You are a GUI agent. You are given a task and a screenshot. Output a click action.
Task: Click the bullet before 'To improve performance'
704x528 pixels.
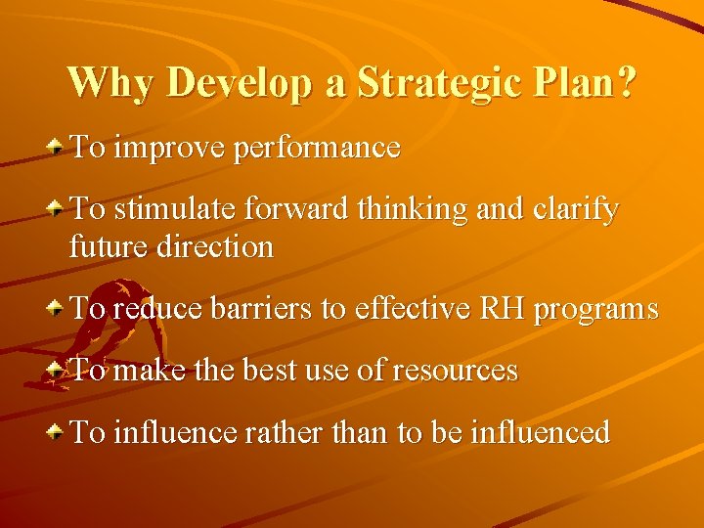[x=58, y=148]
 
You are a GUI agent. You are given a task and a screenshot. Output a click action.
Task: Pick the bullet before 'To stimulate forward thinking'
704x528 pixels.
[x=58, y=209]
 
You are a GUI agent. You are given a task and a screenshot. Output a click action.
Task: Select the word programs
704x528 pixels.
[x=595, y=310]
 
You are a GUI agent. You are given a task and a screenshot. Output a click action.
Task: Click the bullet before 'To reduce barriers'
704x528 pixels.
[x=58, y=308]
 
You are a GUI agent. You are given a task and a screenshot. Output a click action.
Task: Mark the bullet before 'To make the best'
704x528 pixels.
[x=58, y=370]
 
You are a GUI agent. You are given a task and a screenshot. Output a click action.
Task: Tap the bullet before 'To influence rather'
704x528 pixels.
[x=58, y=431]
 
